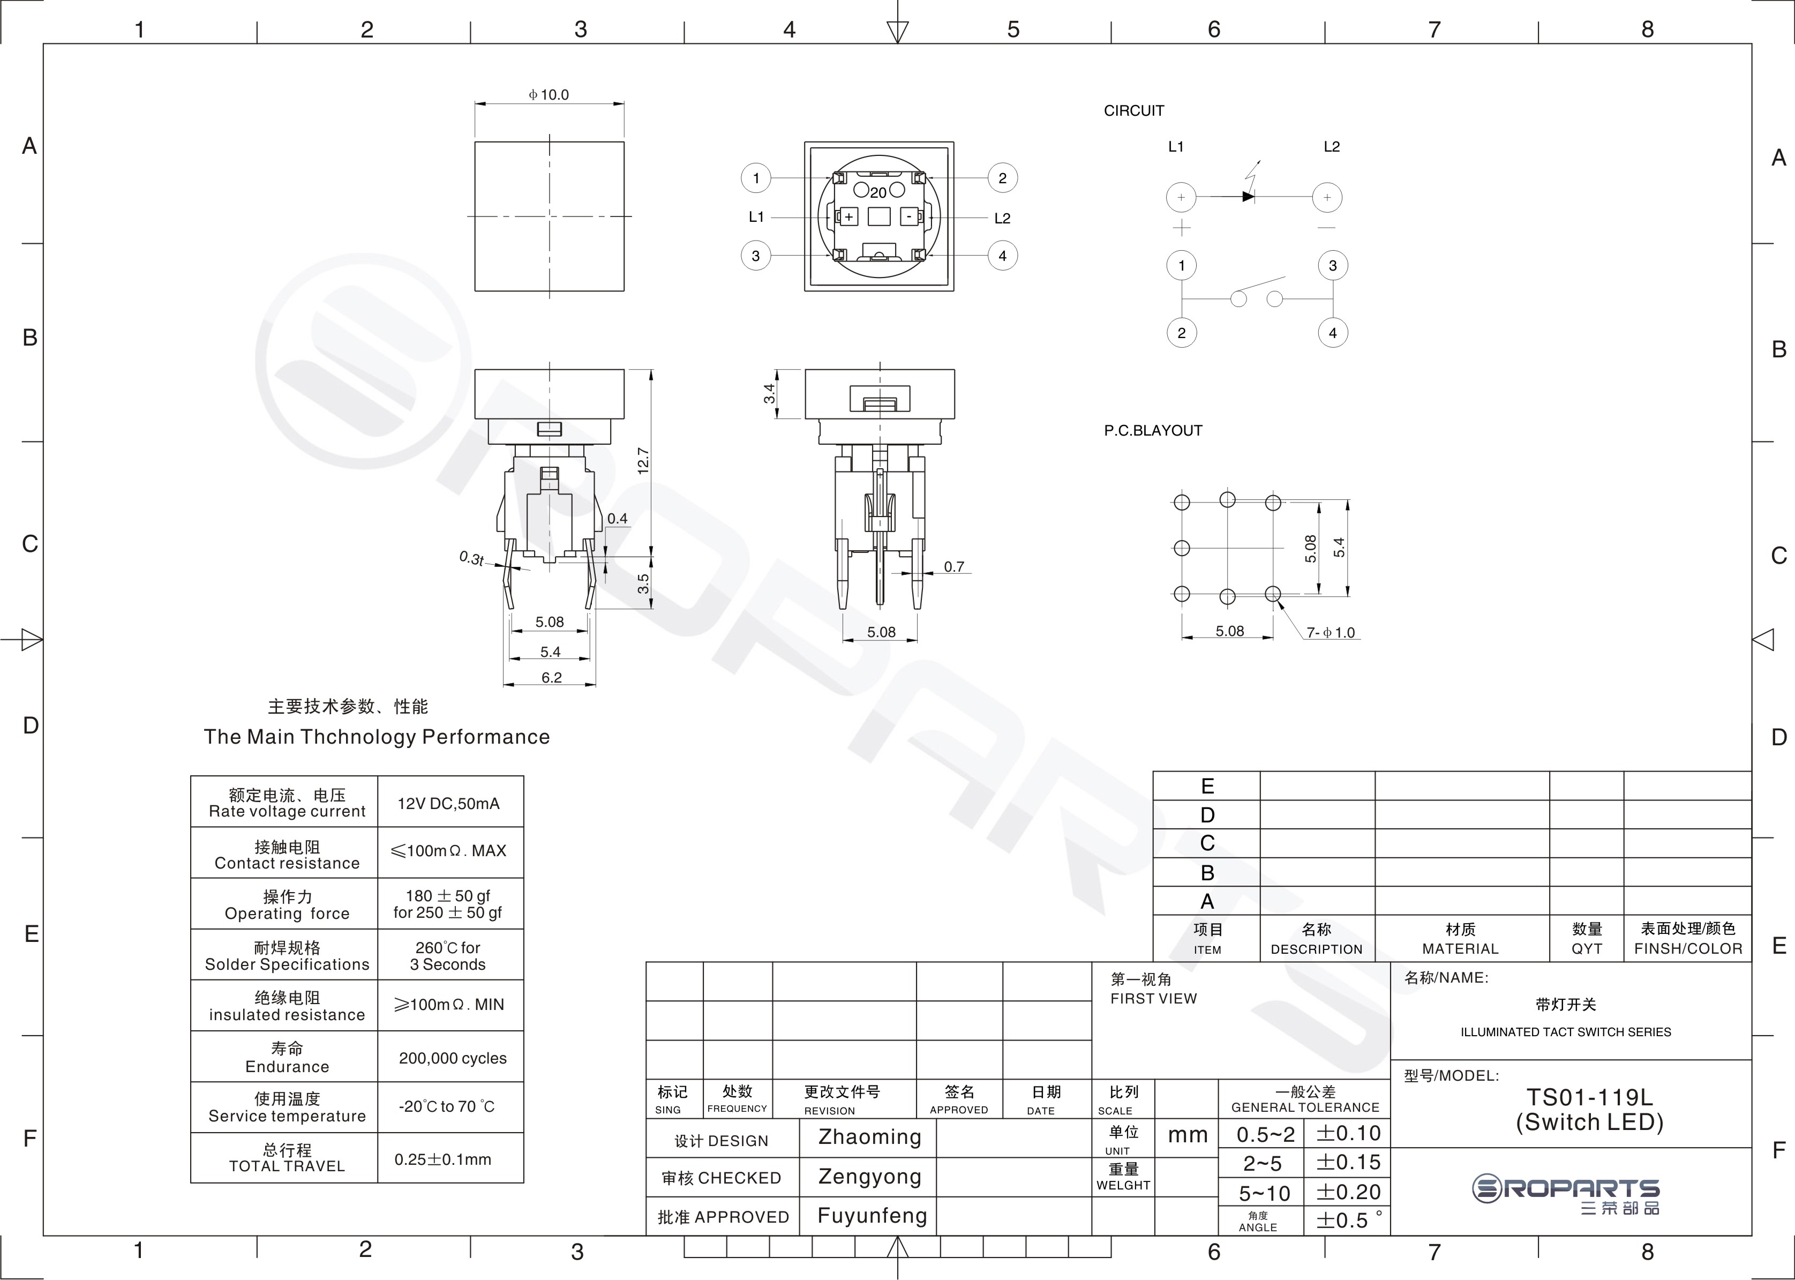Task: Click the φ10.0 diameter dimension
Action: pos(549,95)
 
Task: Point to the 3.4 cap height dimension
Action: pos(769,393)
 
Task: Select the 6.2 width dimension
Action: pos(552,677)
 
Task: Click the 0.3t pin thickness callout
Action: pos(471,558)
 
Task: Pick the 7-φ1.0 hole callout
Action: pos(1331,632)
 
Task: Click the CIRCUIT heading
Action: pos(1134,111)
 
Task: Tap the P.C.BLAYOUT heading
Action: pos(1153,430)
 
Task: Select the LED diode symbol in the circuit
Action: pos(1248,196)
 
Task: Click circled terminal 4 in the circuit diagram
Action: pos(1333,333)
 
